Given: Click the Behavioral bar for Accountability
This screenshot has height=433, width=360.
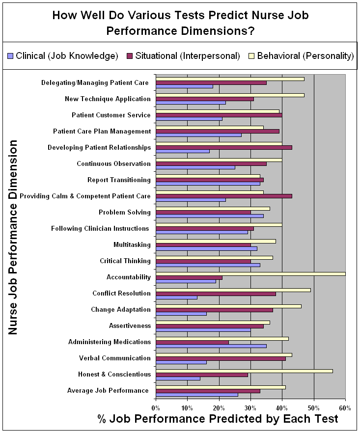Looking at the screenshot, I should (250, 273).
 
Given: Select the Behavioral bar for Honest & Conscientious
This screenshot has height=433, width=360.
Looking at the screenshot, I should (244, 371).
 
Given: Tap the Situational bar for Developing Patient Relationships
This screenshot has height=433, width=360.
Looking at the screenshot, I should (223, 147).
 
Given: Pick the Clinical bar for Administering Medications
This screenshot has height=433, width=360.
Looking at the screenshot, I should (211, 346).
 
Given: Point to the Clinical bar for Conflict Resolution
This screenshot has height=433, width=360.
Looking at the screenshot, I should (176, 297).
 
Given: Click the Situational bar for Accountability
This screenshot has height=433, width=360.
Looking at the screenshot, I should (189, 277).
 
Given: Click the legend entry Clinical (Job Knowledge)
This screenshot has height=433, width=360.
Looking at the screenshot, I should (63, 55).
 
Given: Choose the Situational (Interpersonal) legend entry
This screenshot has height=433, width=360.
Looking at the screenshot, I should (184, 55).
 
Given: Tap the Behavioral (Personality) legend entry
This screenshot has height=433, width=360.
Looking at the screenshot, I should (302, 55).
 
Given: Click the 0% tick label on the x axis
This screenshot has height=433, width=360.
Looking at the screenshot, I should (156, 407).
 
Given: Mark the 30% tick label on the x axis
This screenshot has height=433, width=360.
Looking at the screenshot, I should (250, 407).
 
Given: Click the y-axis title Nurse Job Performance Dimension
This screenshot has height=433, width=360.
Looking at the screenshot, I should (13, 238).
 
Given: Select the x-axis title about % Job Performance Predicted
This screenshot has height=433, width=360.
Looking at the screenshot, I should (218, 419).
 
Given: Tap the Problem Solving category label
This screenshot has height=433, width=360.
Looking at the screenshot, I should (125, 212).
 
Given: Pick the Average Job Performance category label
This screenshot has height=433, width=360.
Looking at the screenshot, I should (108, 390).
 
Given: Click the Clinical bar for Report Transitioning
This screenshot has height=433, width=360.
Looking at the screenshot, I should (208, 184).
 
